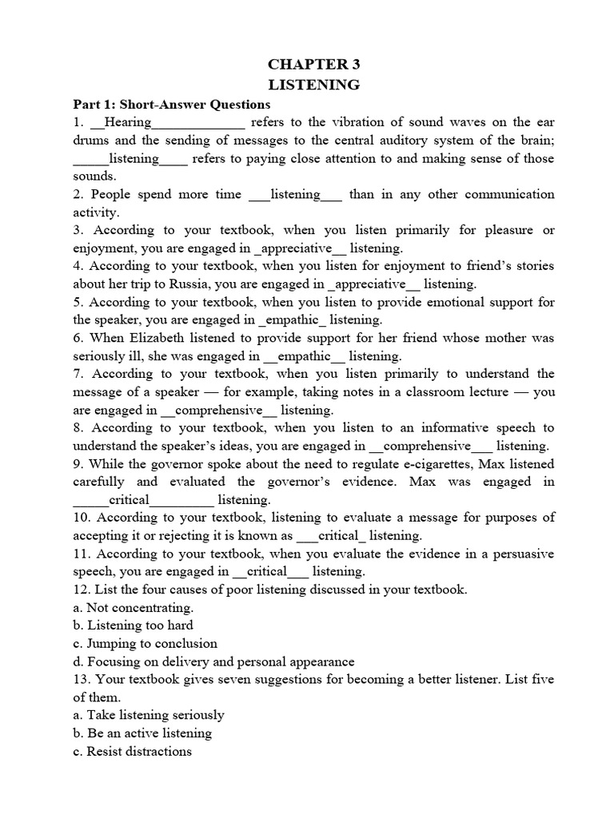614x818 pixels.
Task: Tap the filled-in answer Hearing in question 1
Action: pyautogui.click(x=128, y=122)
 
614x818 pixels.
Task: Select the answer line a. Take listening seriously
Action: pyautogui.click(x=148, y=715)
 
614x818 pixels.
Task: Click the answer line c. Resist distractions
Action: pyautogui.click(x=132, y=751)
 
